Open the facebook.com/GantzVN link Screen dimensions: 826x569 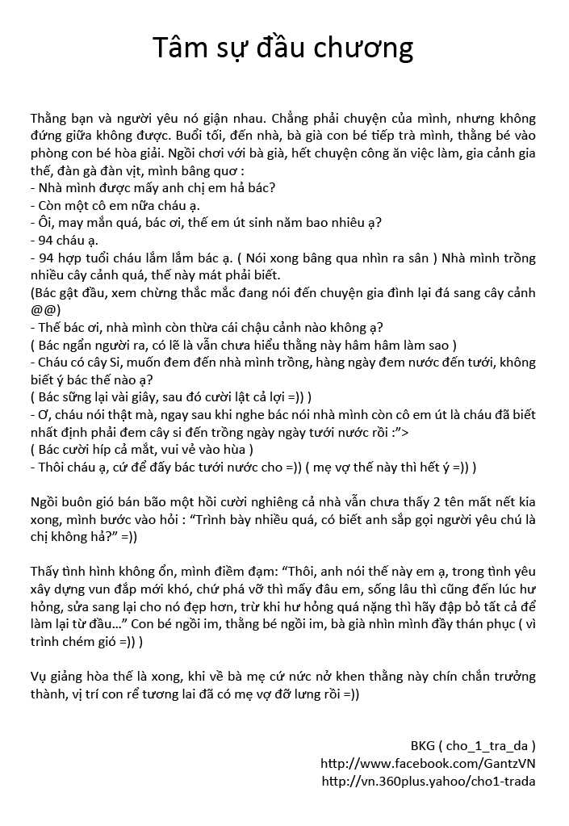point(428,763)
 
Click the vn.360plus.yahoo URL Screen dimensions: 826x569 point(428,781)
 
